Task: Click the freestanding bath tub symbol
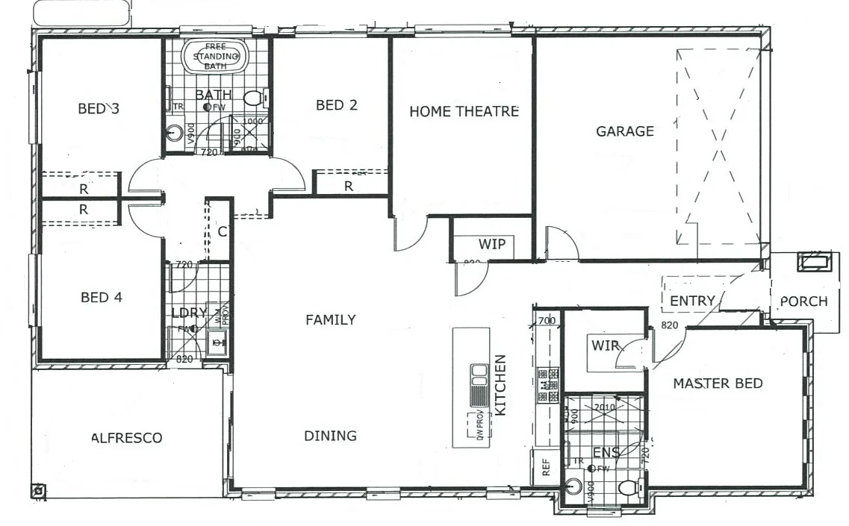[216, 56]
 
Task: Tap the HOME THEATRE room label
[464, 111]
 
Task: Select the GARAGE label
[624, 131]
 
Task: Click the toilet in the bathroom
[255, 98]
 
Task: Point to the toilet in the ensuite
[628, 489]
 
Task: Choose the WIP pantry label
[491, 244]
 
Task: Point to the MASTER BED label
[718, 383]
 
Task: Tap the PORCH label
[803, 301]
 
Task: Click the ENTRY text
[692, 301]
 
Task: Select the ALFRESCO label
[126, 438]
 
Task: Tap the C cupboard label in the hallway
[222, 231]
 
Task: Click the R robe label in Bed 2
[348, 187]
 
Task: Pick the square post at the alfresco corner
[38, 491]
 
